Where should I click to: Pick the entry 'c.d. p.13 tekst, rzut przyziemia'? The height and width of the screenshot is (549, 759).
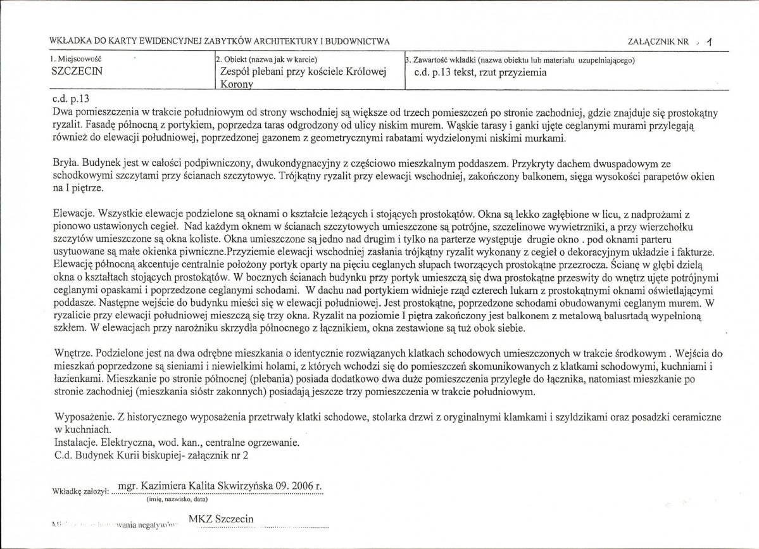coord(479,72)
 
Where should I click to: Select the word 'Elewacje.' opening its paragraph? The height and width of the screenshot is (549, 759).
coord(72,215)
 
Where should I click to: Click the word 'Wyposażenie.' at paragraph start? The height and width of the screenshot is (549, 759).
coord(79,419)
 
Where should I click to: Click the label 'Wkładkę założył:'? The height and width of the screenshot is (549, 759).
coord(78,490)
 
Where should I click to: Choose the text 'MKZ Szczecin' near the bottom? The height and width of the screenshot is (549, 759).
coord(222,520)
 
